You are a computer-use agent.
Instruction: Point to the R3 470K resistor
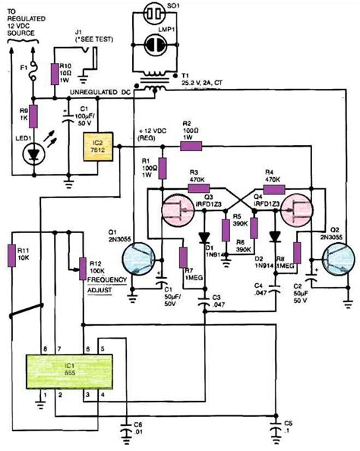pyautogui.click(x=199, y=186)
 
